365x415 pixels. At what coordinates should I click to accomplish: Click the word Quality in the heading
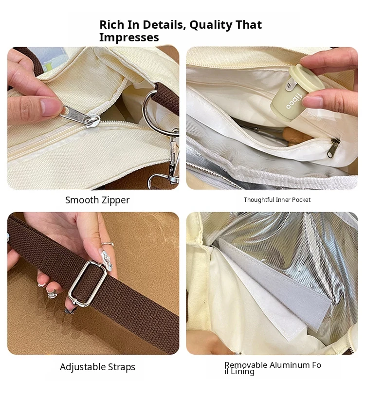tap(211, 25)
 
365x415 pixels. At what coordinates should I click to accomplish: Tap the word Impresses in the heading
tap(129, 37)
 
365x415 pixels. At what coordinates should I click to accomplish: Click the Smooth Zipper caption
tap(97, 200)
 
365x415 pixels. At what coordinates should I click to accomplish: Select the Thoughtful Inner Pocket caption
tap(277, 199)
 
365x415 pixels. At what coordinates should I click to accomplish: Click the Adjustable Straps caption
tap(97, 367)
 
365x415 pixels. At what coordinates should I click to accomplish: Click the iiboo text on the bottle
tap(293, 101)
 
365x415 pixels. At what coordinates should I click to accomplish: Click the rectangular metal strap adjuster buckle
tap(88, 284)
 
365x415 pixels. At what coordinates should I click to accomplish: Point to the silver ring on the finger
tap(108, 244)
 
